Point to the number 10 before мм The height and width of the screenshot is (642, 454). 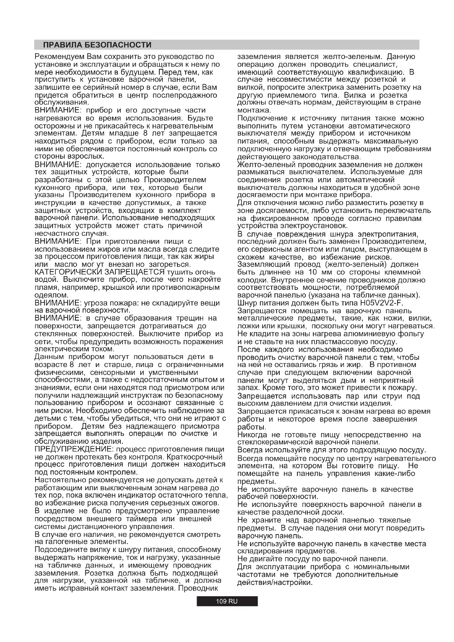[x=313, y=272]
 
